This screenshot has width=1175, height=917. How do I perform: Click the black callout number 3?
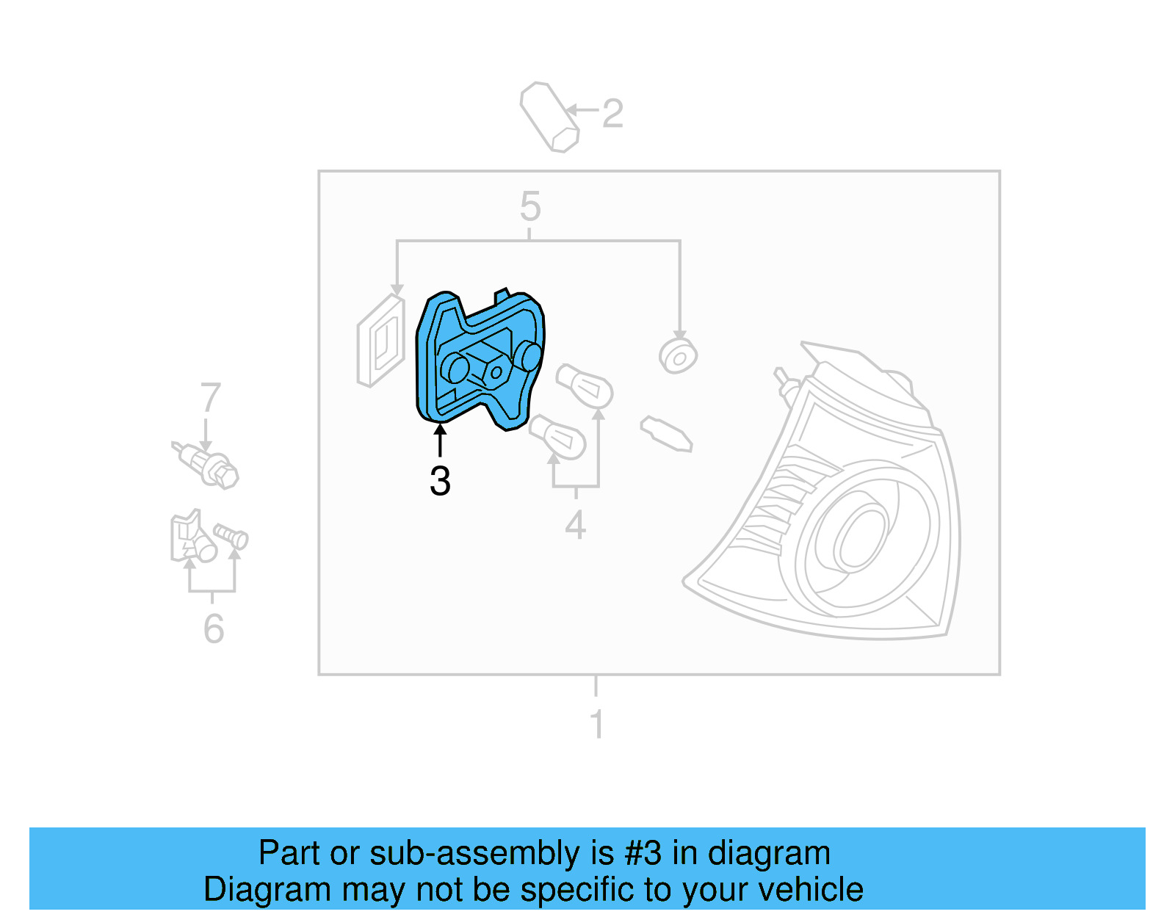tap(440, 482)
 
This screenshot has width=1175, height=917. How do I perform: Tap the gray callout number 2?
tap(612, 114)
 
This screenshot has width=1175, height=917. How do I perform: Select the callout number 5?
tap(530, 206)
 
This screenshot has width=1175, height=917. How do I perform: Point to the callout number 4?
tap(576, 525)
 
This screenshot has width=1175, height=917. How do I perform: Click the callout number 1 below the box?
tap(597, 724)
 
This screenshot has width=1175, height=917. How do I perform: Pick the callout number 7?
tap(211, 397)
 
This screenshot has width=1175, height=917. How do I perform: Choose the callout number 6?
tap(214, 628)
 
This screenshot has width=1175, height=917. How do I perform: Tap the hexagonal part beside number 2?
tap(549, 117)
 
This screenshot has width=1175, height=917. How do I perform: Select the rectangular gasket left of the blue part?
tap(380, 341)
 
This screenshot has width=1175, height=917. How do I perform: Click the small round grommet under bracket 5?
tap(678, 356)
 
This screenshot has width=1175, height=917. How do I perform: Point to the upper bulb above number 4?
tap(585, 385)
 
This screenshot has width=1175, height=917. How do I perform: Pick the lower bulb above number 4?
tap(558, 435)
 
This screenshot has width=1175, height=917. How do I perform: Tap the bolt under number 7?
tap(207, 464)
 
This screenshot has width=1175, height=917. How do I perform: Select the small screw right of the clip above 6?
tap(231, 536)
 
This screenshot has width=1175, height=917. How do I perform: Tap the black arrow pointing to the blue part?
tap(440, 440)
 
